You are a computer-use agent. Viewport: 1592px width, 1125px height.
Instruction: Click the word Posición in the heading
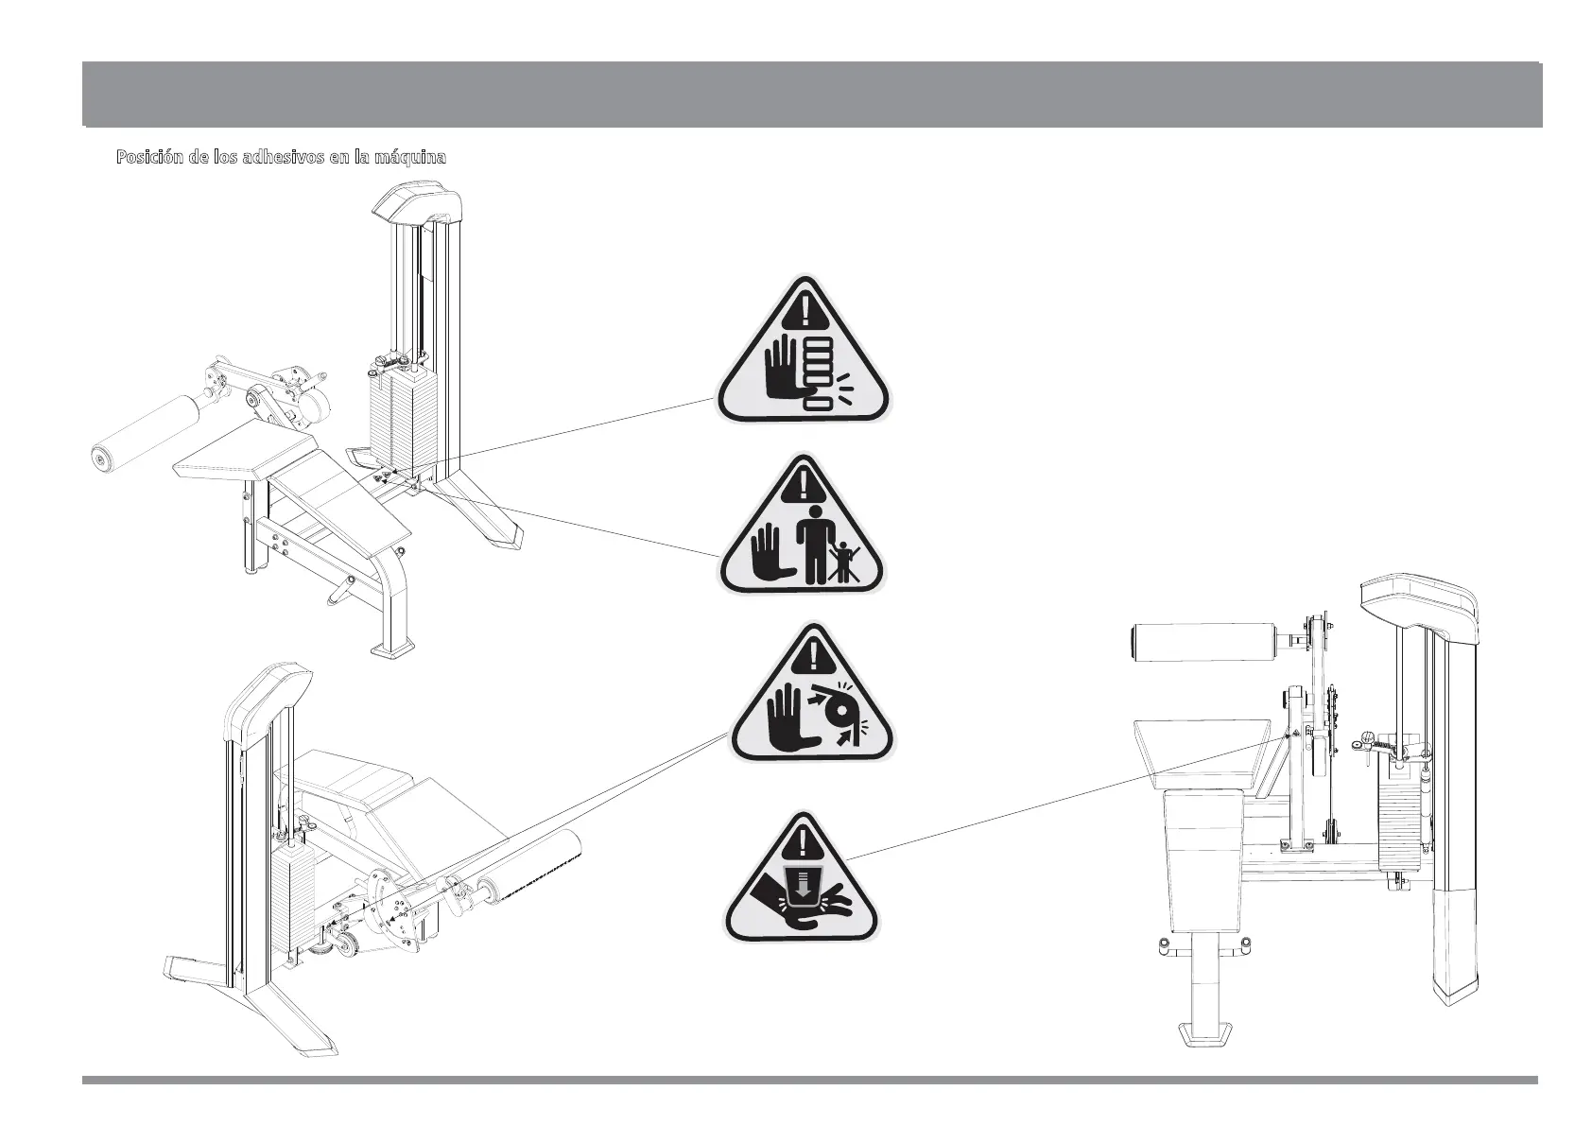pyautogui.click(x=145, y=157)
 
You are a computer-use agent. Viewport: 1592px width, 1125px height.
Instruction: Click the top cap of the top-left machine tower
pyautogui.click(x=416, y=203)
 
